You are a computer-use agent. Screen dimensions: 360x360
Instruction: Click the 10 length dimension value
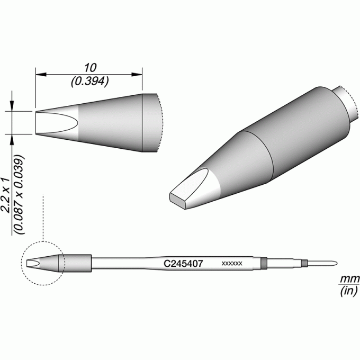pyautogui.click(x=90, y=68)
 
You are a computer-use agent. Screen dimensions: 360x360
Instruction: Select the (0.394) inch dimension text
pyautogui.click(x=90, y=82)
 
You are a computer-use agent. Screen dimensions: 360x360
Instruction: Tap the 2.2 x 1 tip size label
pyautogui.click(x=5, y=195)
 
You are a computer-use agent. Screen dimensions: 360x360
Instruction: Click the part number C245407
pyautogui.click(x=183, y=264)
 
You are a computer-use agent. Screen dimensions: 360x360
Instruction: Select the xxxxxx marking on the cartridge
pyautogui.click(x=232, y=264)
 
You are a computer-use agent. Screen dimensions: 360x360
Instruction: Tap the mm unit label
pyautogui.click(x=349, y=280)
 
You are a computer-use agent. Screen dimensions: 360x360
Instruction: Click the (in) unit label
pyautogui.click(x=349, y=291)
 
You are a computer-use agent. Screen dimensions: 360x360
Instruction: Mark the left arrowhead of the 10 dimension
pyautogui.click(x=41, y=75)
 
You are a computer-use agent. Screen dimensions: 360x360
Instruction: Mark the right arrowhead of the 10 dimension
pyautogui.click(x=137, y=75)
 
